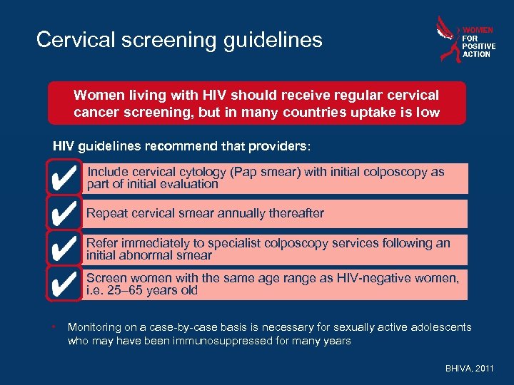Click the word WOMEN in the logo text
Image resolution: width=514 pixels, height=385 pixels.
pos(478,30)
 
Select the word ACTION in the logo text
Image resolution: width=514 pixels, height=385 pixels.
pos(476,54)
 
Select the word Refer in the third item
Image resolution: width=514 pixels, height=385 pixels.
pos(101,243)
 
